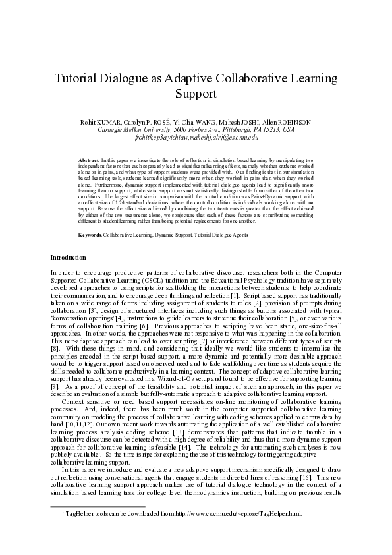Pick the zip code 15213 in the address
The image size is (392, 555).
tap(271, 130)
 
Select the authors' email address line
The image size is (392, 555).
tap(196, 138)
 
